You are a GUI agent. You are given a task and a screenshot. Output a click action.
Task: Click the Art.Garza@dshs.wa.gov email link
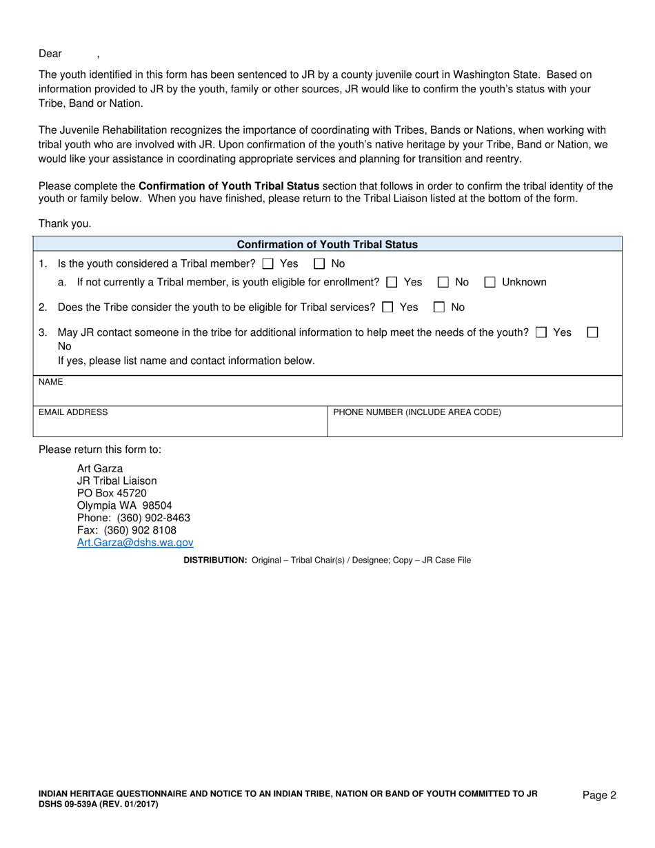coord(135,543)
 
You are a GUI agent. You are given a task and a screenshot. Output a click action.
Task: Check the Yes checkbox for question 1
coord(268,263)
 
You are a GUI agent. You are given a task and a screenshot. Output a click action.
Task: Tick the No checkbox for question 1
coord(319,263)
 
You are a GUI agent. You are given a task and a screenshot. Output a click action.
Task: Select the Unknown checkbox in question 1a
coord(490,282)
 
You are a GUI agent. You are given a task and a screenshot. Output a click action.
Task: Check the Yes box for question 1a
coord(392,282)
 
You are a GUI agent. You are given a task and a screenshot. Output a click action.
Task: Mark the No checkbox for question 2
coord(439,307)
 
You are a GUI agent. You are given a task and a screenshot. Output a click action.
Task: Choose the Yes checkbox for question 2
coord(387,307)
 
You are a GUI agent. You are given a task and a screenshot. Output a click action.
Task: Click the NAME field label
coord(50,381)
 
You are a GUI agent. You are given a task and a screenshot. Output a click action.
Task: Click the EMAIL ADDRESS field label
coord(73,412)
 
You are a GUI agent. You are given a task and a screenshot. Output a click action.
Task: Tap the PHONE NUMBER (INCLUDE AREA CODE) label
coord(417,412)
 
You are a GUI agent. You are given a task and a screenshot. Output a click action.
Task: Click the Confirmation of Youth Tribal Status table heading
coord(327,244)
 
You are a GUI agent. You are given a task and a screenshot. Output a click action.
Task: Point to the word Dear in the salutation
coord(50,54)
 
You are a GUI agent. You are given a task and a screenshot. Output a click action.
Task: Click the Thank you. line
coord(65,223)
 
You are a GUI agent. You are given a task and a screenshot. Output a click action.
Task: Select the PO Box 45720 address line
coord(112,493)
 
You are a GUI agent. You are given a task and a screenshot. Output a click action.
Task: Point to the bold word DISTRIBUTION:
coord(215,561)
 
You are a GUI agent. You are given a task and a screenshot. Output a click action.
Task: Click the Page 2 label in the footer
coord(599,795)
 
